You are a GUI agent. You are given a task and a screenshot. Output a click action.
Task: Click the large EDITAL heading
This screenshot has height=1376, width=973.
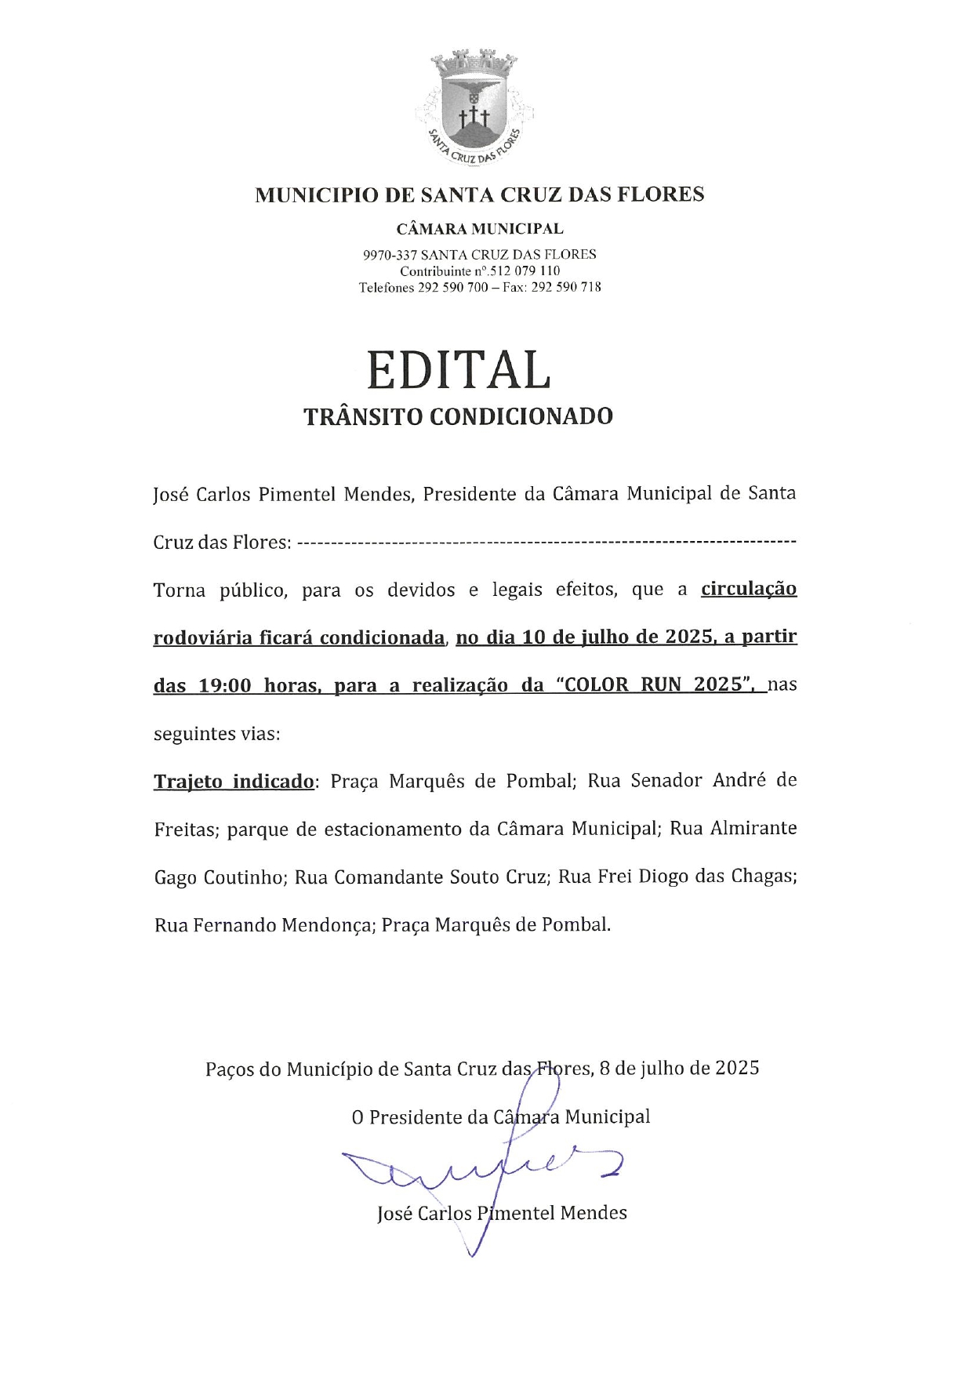(459, 370)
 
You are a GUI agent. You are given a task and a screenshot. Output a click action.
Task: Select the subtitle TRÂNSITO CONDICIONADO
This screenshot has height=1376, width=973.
(458, 416)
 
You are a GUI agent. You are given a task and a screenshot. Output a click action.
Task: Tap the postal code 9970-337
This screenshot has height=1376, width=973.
(390, 255)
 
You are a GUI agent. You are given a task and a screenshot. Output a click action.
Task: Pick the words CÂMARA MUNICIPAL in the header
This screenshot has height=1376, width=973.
(480, 229)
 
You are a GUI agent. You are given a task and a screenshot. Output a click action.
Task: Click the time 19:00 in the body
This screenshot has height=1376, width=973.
(226, 685)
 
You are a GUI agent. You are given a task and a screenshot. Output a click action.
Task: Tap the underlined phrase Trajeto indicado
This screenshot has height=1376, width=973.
(234, 782)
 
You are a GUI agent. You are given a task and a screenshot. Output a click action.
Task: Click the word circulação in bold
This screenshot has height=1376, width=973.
(749, 589)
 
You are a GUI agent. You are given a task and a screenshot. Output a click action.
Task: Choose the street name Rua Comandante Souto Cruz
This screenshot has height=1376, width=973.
(419, 877)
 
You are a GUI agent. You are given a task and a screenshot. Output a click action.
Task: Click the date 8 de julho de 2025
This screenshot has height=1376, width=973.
(679, 1068)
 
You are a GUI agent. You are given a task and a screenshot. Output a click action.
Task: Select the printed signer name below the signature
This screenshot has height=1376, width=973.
(502, 1214)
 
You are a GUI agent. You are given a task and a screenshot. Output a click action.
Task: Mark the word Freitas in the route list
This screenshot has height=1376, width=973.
(184, 830)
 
